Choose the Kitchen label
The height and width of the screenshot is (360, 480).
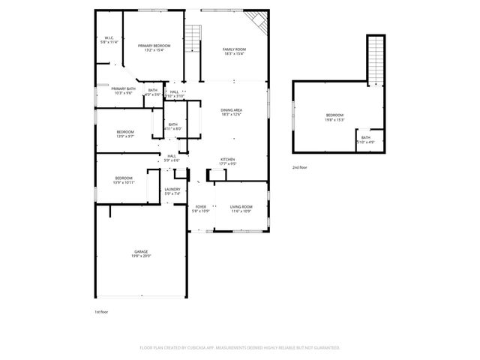pyautogui.click(x=228, y=160)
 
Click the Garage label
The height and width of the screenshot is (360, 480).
pyautogui.click(x=141, y=251)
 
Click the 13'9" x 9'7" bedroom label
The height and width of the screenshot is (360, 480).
pyautogui.click(x=125, y=134)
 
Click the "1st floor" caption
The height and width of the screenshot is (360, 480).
pyautogui.click(x=101, y=310)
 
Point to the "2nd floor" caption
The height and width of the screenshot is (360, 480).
pyautogui.click(x=300, y=168)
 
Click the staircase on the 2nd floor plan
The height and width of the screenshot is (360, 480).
pyautogui.click(x=375, y=56)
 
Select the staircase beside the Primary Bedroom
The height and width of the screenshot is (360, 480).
pyautogui.click(x=193, y=37)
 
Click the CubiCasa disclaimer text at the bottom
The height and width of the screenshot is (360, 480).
pyautogui.click(x=240, y=348)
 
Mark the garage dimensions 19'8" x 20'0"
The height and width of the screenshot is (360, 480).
pyautogui.click(x=141, y=256)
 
